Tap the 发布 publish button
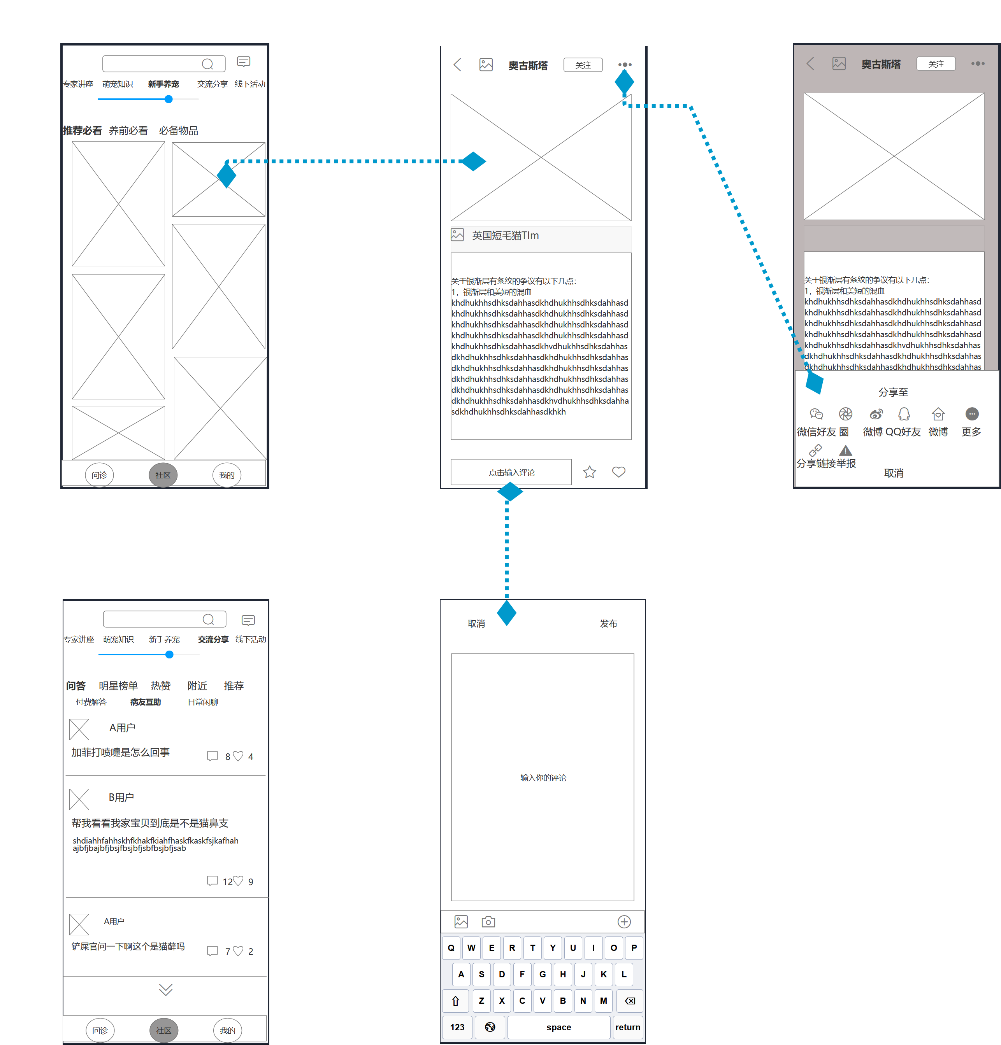click(608, 623)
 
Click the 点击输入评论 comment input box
click(511, 473)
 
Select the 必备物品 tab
click(178, 131)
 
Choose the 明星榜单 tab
click(118, 686)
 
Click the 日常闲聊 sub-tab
click(203, 702)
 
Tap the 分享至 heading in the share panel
click(893, 392)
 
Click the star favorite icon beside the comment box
click(589, 472)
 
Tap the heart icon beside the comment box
click(618, 472)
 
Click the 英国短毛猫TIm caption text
click(505, 236)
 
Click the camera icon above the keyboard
click(488, 922)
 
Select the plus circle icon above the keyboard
click(624, 922)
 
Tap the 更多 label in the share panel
click(971, 432)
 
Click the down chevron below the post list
click(165, 989)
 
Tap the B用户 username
click(121, 797)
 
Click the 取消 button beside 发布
click(476, 623)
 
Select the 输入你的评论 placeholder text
click(543, 778)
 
